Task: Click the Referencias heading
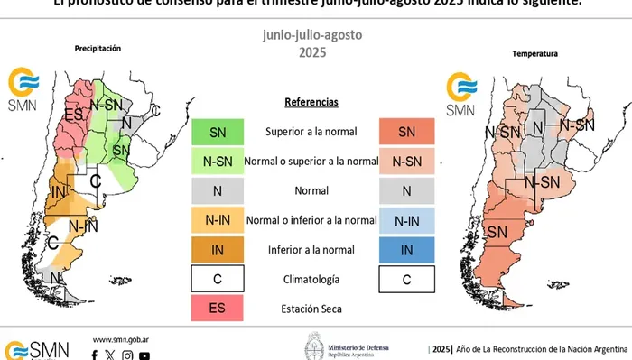[x=311, y=102]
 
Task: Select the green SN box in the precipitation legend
[x=218, y=132]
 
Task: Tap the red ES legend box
[x=218, y=309]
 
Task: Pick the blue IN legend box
[x=406, y=250]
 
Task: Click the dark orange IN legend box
[x=218, y=250]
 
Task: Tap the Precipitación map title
[x=98, y=47]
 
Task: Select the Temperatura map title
[x=534, y=54]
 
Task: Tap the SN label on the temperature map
[x=497, y=233]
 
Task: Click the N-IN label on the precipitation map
[x=83, y=226]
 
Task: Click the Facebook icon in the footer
[x=95, y=355]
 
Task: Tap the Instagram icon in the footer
[x=127, y=355]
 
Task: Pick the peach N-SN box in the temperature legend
[x=406, y=162]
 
